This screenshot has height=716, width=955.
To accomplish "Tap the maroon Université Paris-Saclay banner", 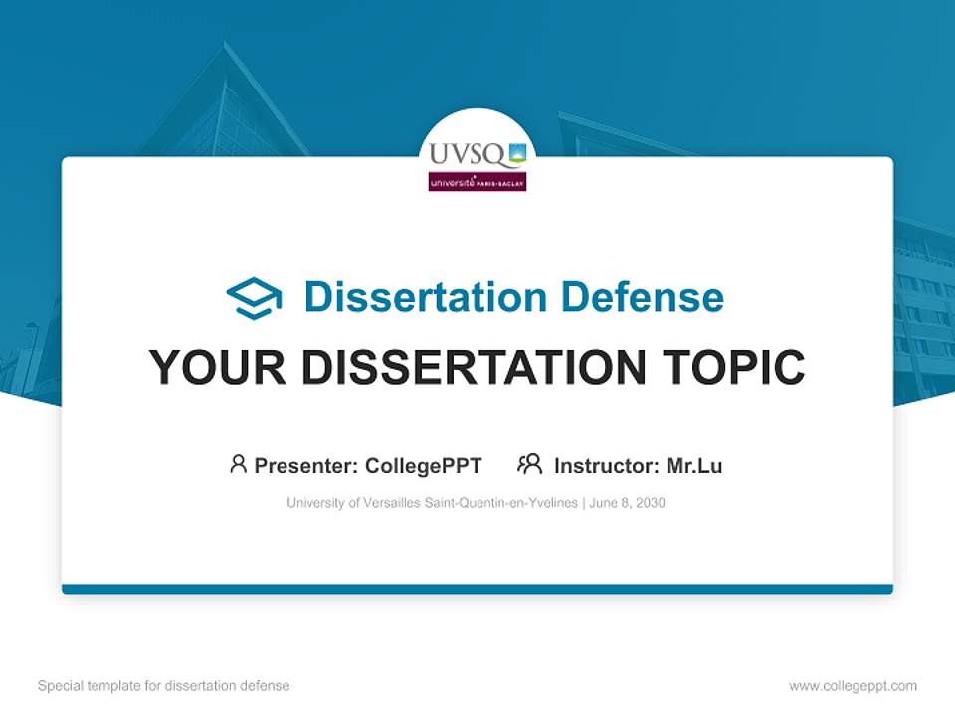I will (477, 182).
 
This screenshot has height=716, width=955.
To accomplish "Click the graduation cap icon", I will (254, 298).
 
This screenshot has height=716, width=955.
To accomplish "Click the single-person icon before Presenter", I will (238, 464).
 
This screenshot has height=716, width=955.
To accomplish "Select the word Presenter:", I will (306, 466).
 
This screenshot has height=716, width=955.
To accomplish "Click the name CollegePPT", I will (424, 466).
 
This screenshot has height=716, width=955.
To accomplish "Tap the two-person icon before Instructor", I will (529, 464).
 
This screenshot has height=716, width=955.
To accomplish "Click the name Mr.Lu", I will (694, 466).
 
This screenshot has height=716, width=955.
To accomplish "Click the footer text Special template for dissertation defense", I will (164, 686).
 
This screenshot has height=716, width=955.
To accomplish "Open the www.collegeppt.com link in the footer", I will (853, 686).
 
